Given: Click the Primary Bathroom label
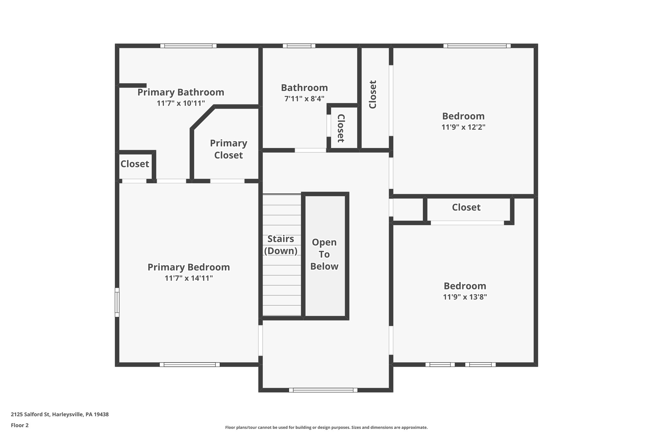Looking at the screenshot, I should click(181, 92).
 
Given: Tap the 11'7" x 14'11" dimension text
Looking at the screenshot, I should click(188, 278).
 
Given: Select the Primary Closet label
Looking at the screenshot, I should click(228, 149).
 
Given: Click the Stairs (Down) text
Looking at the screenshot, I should click(281, 245).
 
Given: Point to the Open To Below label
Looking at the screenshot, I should click(324, 254).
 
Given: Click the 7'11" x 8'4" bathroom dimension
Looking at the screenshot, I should click(304, 99).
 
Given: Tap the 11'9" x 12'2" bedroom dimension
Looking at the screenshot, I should click(463, 127).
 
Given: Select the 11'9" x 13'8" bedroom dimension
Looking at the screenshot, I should click(465, 297).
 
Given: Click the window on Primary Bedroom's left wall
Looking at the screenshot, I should click(117, 302).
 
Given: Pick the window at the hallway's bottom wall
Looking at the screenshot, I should click(323, 390).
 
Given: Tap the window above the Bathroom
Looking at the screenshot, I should click(299, 46).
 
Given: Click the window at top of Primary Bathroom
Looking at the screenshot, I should click(188, 46).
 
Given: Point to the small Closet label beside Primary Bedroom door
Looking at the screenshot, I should click(135, 164).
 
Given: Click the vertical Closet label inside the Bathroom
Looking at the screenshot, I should click(341, 128).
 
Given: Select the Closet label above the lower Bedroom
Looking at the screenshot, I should click(466, 207).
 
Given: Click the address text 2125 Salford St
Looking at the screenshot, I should click(60, 415).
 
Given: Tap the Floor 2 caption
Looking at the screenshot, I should click(20, 425).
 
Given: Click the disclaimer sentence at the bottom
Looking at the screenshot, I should click(326, 427).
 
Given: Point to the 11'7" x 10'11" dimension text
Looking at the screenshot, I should click(180, 103).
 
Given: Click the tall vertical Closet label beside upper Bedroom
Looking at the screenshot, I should click(373, 95).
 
